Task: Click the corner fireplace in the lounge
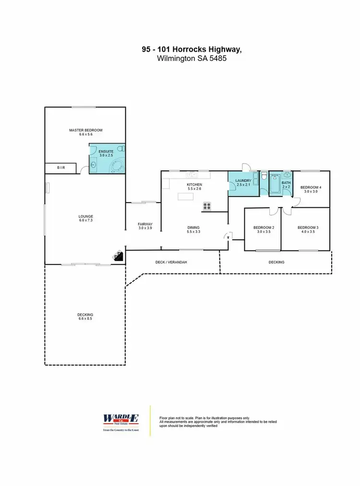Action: [x=118, y=256]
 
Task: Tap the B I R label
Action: [x=61, y=168]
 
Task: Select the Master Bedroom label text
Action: [x=85, y=130]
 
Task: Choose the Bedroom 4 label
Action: [x=311, y=187]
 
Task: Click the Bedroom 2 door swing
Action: [x=273, y=211]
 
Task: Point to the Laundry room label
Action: [x=243, y=180]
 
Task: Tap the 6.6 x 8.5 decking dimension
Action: [x=85, y=319]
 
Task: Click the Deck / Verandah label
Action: [x=171, y=262]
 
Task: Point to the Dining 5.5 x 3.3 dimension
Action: [x=193, y=232]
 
